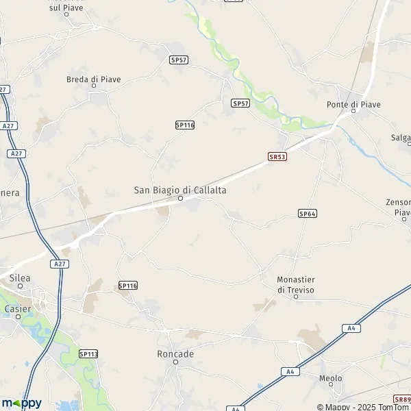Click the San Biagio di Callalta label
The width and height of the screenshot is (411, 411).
[180, 190]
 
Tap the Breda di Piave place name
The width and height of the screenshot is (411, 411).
[93, 79]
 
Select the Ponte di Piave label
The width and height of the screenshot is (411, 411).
[353, 104]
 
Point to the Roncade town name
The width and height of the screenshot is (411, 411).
[175, 354]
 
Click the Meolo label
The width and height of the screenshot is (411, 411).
[331, 378]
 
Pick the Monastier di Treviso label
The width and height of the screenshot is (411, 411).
[296, 284]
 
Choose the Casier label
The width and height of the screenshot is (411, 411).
[18, 308]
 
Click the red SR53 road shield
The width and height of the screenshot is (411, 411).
[277, 157]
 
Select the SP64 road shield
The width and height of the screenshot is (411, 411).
[308, 214]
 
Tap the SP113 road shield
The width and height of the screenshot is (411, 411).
[88, 354]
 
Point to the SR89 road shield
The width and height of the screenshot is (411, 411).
[402, 399]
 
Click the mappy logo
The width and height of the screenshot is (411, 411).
[21, 403]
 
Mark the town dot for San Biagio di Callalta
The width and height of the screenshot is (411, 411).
[181, 199]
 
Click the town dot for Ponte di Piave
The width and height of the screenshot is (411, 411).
[353, 112]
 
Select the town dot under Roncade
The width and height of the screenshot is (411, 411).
[176, 362]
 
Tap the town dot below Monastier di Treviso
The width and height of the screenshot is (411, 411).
[296, 296]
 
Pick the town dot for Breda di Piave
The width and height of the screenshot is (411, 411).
[94, 87]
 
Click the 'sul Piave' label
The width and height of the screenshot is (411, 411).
[65, 7]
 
